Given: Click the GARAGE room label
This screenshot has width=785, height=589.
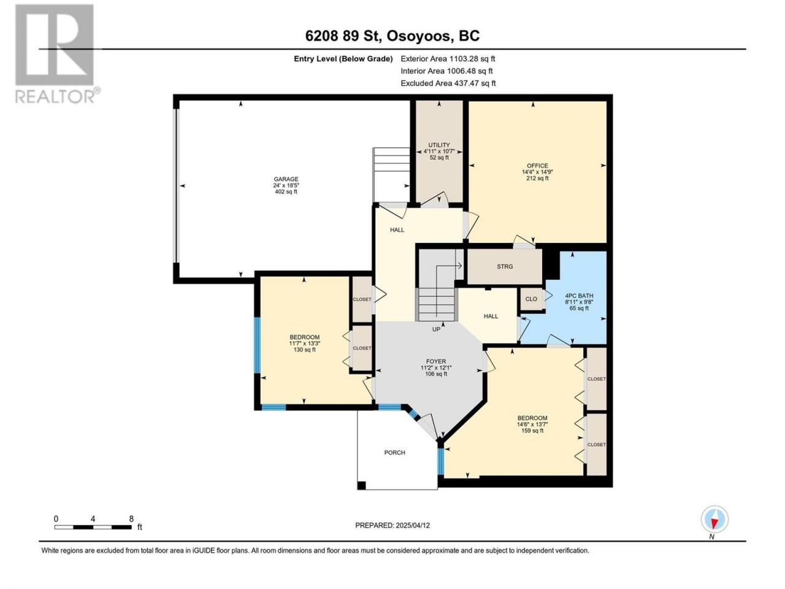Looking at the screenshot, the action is coord(286,179).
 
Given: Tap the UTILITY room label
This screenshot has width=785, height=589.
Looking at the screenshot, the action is coord(439,145).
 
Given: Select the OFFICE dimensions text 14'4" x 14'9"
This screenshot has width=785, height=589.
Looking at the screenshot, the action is coord(537,172).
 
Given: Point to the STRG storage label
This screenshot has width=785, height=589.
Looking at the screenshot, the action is coord(505,266).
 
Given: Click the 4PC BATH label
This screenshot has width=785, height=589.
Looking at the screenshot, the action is coord(579,296).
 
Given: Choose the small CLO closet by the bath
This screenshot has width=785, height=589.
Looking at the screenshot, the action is coord(531,299).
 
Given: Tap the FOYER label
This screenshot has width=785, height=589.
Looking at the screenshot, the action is coord(435,361).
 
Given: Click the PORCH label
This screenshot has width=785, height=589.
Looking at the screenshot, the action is coord(394,452).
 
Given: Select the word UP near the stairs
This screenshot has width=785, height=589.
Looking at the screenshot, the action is coord(436,329).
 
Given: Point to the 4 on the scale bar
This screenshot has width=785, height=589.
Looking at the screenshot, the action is coord(93,518).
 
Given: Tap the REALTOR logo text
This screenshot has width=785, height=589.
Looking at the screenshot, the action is coord(55,96).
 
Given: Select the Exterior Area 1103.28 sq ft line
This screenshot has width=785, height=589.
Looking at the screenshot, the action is coord(448,59).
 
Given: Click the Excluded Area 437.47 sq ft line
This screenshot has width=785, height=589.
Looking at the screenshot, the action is coord(448,83).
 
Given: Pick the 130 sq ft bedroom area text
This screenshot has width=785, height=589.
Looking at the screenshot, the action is coord(304,350).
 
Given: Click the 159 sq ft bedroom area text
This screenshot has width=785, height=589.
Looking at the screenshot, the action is coord(532,431).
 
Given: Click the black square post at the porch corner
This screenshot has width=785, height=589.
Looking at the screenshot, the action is coord(362,485).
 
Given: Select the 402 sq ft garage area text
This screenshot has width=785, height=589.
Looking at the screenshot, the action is coord(286,191).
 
